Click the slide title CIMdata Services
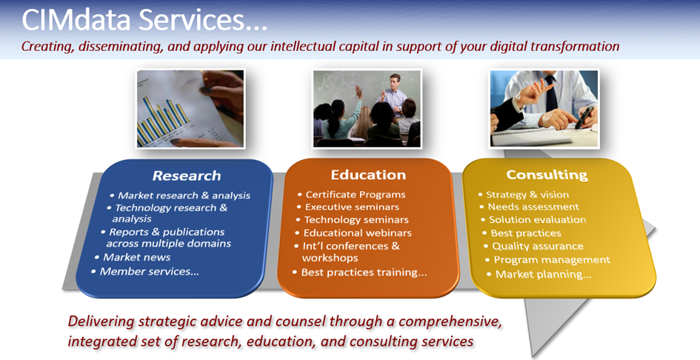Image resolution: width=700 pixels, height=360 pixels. pos(144,20)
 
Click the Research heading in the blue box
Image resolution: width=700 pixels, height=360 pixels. pos(187,176)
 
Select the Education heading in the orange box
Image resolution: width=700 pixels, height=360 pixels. pos(368,175)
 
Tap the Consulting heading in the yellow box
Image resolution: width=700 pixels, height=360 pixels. pos(547,175)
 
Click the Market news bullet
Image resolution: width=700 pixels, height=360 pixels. pos(136,257)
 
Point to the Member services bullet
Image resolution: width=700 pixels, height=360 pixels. pos(149,271)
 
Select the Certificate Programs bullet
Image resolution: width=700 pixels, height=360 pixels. pos(356,194)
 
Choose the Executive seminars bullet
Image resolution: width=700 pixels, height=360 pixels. pos(352,207)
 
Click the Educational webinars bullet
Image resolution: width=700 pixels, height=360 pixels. pos(357,233)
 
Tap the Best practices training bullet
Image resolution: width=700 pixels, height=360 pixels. pos(364,272)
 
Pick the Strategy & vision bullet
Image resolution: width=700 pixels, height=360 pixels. pos(527,194)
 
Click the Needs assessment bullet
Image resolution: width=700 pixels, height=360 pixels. pos(533,207)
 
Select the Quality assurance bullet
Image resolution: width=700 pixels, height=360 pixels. pos(538,246)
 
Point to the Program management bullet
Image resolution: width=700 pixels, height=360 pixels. pos(552,260)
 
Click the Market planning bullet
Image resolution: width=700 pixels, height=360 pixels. pos(543,274)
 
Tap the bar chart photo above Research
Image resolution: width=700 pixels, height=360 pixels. pos(190,109)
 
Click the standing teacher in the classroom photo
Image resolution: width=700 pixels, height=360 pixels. pos(393,96)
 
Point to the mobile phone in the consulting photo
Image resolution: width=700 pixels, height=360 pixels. pos(584,118)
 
